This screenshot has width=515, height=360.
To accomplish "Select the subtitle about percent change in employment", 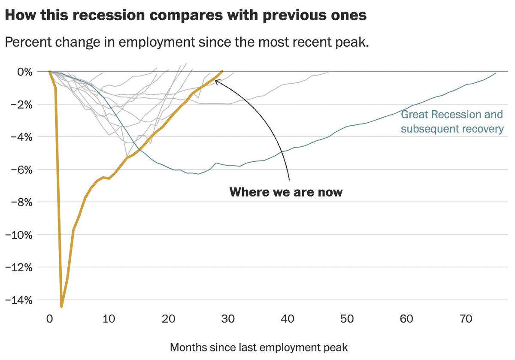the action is click(187, 42).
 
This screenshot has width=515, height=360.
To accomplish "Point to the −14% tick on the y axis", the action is click(18, 300).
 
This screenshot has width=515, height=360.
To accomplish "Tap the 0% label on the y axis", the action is click(25, 72).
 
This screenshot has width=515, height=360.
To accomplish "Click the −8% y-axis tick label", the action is click(21, 203).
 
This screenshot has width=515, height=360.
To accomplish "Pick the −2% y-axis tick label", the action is click(21, 105).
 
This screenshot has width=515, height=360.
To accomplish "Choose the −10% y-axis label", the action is click(18, 235).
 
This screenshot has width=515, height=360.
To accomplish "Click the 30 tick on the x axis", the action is click(228, 319).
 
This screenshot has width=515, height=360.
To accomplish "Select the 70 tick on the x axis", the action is click(466, 319).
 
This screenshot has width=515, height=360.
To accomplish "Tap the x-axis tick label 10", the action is click(109, 319).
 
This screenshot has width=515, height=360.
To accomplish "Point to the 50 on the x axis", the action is click(347, 319).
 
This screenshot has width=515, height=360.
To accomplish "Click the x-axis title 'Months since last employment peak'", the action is click(259, 348).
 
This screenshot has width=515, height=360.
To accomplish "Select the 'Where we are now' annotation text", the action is click(286, 192).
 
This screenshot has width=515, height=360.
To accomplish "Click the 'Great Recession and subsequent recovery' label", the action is click(452, 121).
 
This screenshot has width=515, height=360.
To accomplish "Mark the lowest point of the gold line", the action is click(61, 306).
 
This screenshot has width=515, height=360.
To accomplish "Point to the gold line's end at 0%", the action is click(222, 72).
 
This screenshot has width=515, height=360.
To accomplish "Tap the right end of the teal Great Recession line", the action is click(496, 73).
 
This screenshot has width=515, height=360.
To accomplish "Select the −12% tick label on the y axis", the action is click(18, 268).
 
